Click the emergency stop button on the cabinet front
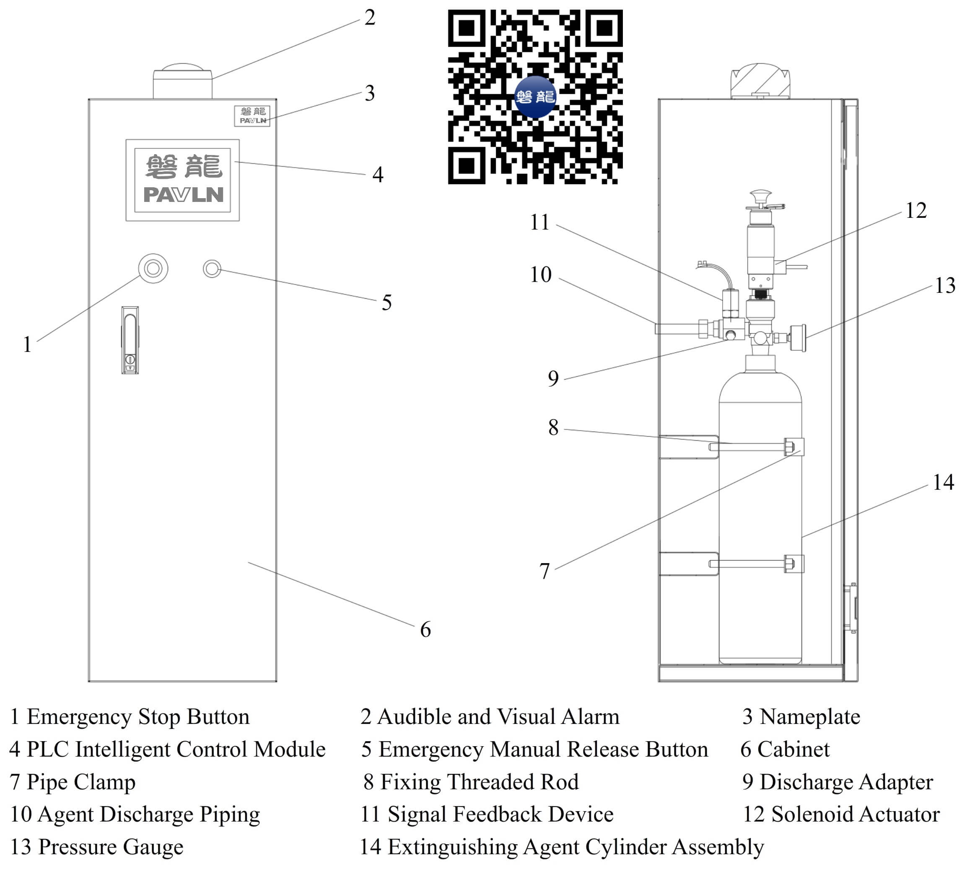coord(153,269)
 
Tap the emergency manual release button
coord(212,269)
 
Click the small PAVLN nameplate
coord(252,116)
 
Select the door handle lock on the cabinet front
coord(130,340)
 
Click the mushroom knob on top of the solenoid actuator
coord(761,196)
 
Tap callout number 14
coord(943,482)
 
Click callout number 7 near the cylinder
coord(544,571)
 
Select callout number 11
coord(539,222)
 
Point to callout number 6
coord(425,629)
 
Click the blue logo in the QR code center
coord(535,97)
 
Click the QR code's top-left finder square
coord(466,28)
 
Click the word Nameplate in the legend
coord(809,717)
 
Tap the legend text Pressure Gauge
coord(111,847)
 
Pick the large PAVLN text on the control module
coord(183,194)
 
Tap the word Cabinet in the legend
coord(793,750)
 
